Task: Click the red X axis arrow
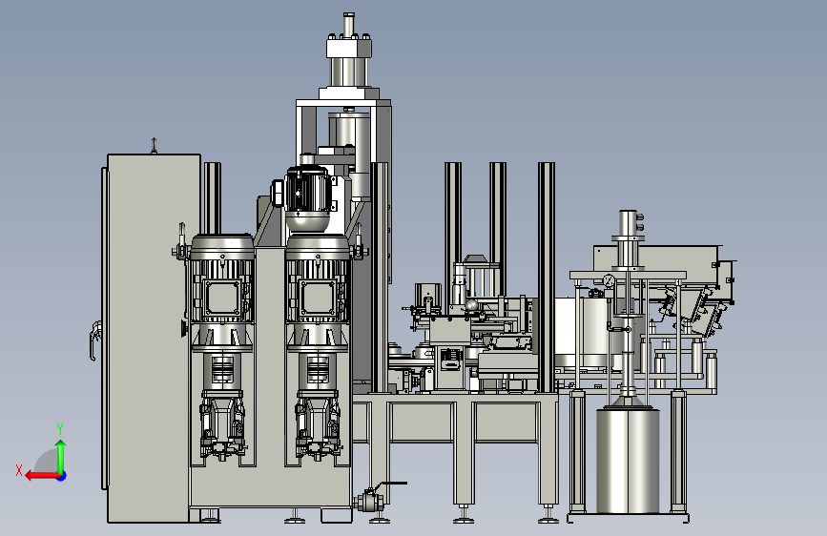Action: [x=43, y=476]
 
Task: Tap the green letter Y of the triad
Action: [x=60, y=428]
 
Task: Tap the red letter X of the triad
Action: [x=19, y=470]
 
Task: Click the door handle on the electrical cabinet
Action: [x=94, y=340]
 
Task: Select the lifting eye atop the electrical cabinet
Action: [x=154, y=145]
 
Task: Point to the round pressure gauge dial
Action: [x=610, y=280]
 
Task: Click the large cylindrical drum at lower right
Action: [x=628, y=460]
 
